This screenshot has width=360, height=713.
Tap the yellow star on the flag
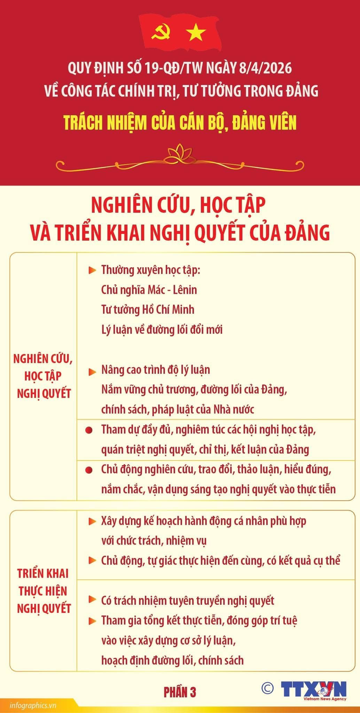click(196, 33)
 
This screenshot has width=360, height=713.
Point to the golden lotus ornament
click(180, 154)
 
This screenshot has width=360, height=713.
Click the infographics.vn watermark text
click(33, 706)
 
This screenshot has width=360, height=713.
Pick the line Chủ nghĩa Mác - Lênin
click(149, 290)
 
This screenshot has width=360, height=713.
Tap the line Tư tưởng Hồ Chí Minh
click(148, 310)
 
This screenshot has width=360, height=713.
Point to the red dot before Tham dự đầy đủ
click(89, 431)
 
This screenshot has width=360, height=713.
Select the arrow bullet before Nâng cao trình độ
click(92, 371)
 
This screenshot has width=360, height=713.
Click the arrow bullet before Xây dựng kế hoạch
click(92, 522)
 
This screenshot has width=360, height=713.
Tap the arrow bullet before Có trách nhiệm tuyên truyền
click(92, 600)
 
